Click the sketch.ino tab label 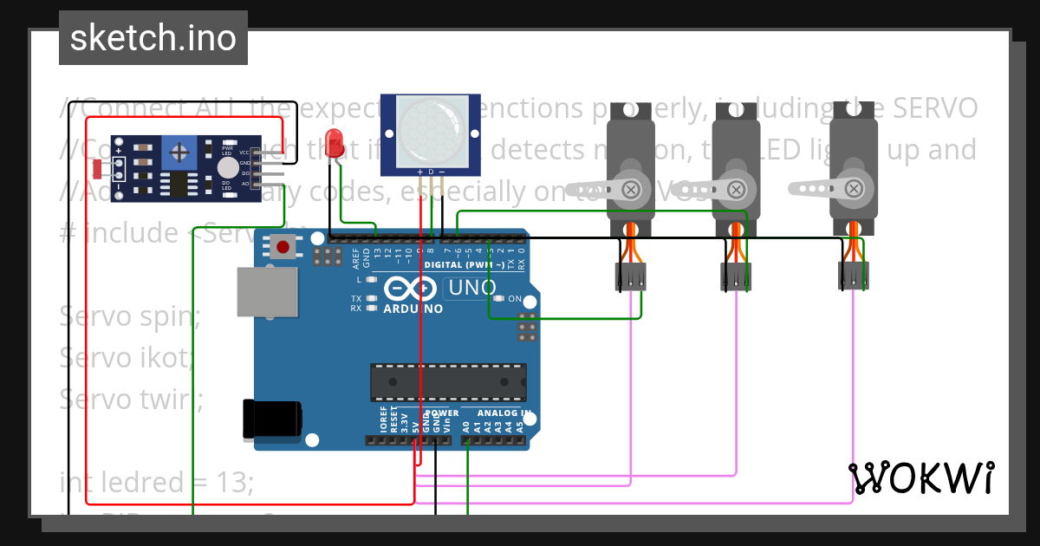pos(153,38)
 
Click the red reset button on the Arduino pos(282,247)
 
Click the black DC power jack pos(272,419)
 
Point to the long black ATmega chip pos(448,382)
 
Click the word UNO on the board pos(471,288)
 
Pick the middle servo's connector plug pos(736,277)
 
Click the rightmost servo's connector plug pos(853,276)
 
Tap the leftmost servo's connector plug pos(631,277)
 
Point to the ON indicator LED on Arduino pos(528,300)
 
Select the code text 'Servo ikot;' pos(128,356)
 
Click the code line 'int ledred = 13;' pos(156,482)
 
